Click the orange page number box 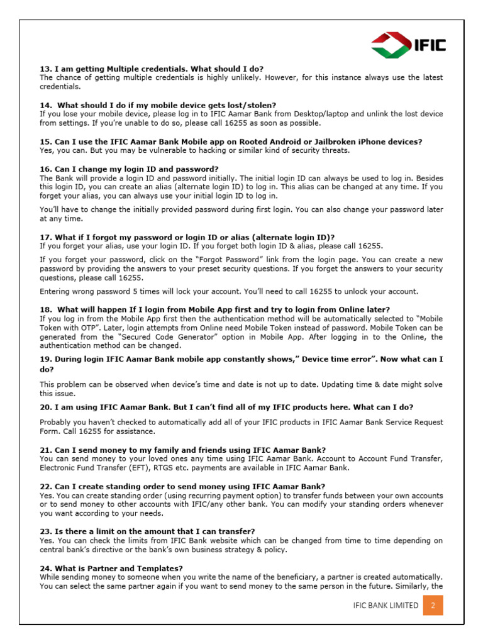[x=433, y=605]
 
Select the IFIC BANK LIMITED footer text [x=386, y=605]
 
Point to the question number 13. [x=45, y=69]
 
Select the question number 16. [x=45, y=169]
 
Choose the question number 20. [x=45, y=407]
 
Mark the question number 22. [x=45, y=486]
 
